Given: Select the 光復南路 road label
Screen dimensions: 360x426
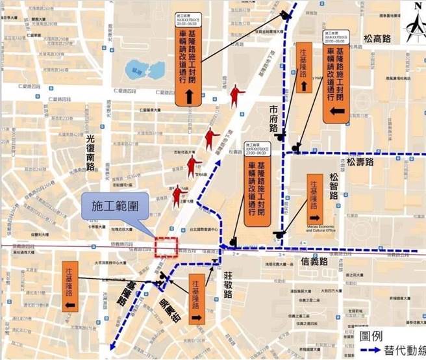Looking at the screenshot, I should click(x=91, y=153).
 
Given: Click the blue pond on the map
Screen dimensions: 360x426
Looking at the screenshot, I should click(x=144, y=69).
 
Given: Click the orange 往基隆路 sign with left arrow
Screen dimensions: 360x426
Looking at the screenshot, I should click(x=70, y=287).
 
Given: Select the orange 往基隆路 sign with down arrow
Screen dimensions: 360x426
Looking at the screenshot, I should click(x=303, y=71).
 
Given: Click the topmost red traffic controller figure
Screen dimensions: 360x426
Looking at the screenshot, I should click(x=236, y=97).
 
